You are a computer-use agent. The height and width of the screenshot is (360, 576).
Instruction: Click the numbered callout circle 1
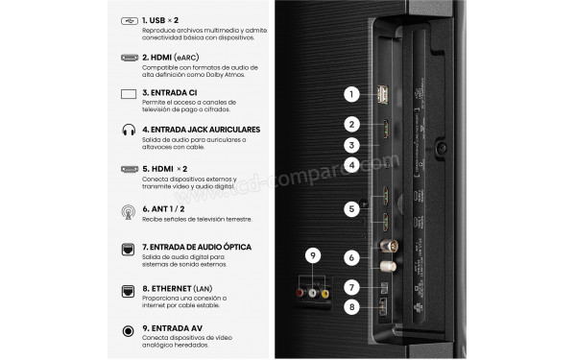click(353, 94)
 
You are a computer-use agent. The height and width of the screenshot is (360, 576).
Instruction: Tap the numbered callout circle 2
click(353, 124)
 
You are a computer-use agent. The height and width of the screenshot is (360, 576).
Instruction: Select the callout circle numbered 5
click(353, 207)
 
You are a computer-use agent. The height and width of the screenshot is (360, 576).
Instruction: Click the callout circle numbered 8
click(353, 308)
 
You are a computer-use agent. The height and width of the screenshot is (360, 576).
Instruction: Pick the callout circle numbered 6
click(353, 257)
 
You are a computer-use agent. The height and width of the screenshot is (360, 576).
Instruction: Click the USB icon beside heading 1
click(129, 19)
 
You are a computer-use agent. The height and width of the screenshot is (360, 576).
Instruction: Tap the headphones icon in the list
click(129, 131)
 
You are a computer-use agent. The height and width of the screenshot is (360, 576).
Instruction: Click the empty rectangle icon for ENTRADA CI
click(129, 94)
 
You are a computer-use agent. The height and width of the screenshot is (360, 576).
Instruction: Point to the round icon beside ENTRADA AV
click(129, 330)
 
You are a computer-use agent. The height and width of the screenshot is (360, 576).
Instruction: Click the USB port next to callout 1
click(383, 94)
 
